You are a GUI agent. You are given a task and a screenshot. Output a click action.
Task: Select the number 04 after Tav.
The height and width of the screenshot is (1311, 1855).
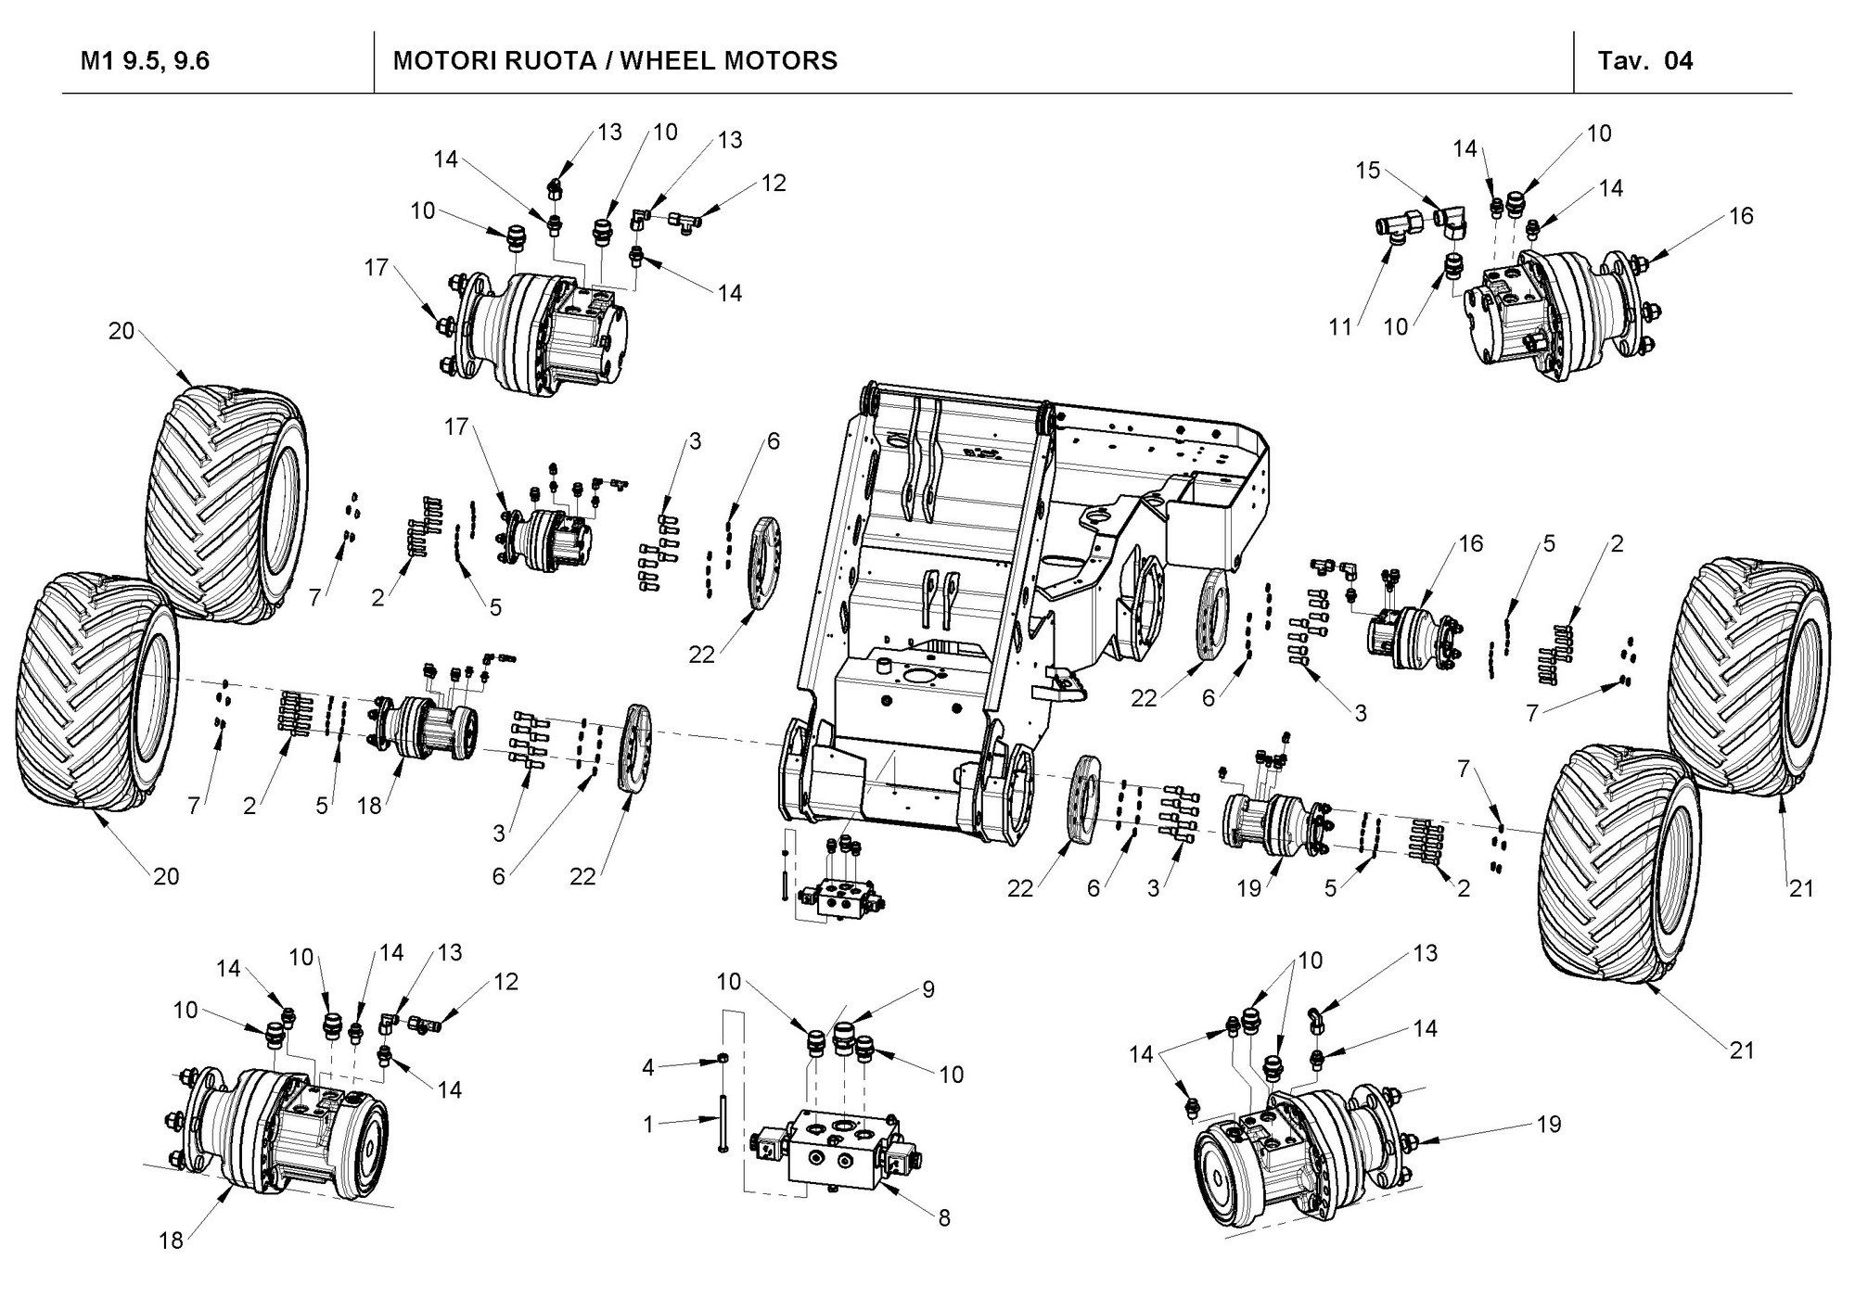1679,61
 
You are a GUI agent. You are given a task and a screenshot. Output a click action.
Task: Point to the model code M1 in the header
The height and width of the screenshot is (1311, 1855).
96,61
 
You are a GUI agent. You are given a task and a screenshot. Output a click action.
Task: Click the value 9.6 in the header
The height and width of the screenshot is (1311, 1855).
190,61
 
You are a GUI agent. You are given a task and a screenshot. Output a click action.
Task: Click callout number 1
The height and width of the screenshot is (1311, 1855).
648,1125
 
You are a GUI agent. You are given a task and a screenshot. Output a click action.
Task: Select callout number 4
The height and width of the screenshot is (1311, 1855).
648,1068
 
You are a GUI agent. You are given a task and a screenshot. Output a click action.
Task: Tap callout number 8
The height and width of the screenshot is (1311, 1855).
943,1218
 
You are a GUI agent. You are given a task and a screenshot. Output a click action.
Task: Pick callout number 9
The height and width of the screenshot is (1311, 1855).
927,990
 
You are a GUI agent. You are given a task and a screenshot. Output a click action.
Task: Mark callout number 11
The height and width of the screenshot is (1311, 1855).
1340,326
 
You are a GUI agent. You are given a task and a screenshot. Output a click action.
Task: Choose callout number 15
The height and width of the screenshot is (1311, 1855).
1368,171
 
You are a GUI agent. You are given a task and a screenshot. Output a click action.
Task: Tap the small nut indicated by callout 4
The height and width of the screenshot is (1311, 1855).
722,1060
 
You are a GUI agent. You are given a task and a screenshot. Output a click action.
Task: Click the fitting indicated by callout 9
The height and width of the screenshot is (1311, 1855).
845,1036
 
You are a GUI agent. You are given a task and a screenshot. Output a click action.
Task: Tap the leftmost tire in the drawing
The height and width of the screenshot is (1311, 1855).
93,695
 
